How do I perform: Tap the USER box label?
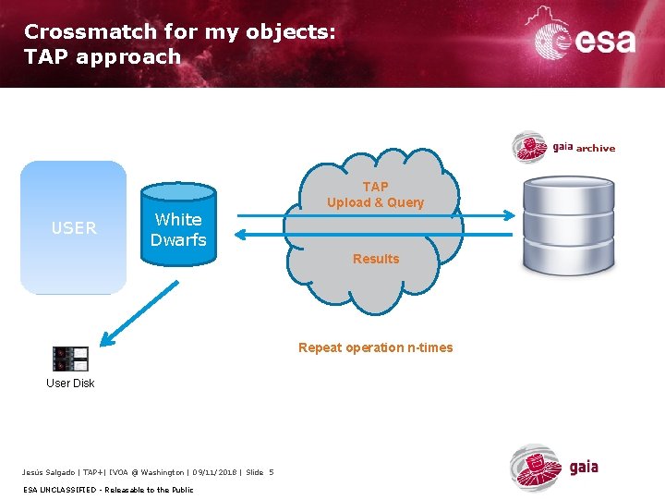[x=74, y=227]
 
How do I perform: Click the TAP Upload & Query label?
[x=375, y=195]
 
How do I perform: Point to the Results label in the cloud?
[x=376, y=259]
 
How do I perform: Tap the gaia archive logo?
[x=563, y=147]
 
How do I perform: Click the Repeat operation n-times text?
[x=375, y=348]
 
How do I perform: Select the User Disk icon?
[x=70, y=359]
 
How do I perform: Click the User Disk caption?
[x=70, y=383]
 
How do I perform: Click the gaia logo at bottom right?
[x=555, y=468]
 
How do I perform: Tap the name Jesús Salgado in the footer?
[x=51, y=473]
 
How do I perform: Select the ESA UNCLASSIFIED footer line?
[x=108, y=490]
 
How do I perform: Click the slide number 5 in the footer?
[x=272, y=473]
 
